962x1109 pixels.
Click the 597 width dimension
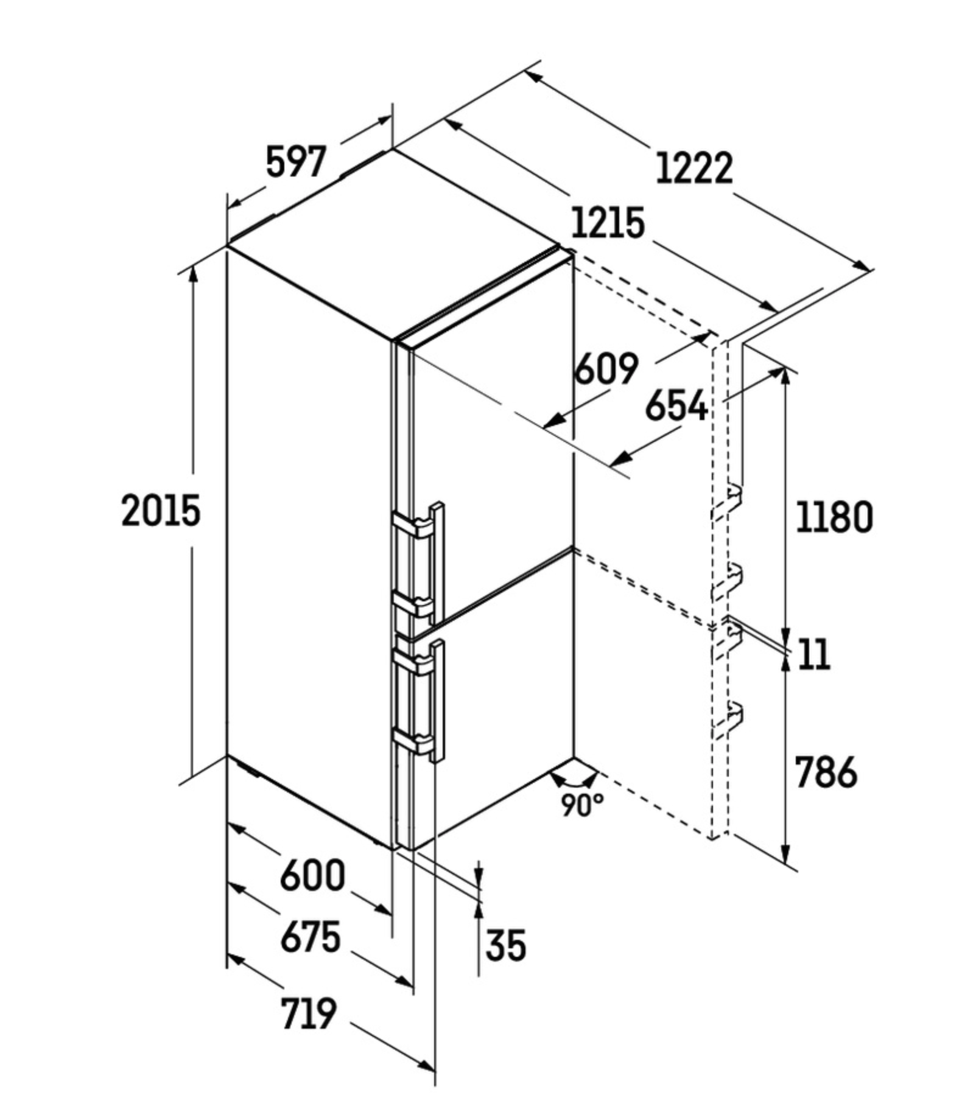pos(297,162)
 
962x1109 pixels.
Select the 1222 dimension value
pos(694,169)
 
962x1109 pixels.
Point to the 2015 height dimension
pos(161,511)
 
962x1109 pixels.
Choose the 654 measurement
pos(676,405)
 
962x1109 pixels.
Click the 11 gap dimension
pos(814,655)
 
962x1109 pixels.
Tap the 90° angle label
pos(582,806)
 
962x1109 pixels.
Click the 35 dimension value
pos(506,946)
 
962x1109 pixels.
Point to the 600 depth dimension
pos(312,876)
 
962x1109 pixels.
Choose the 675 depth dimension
pos(311,937)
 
